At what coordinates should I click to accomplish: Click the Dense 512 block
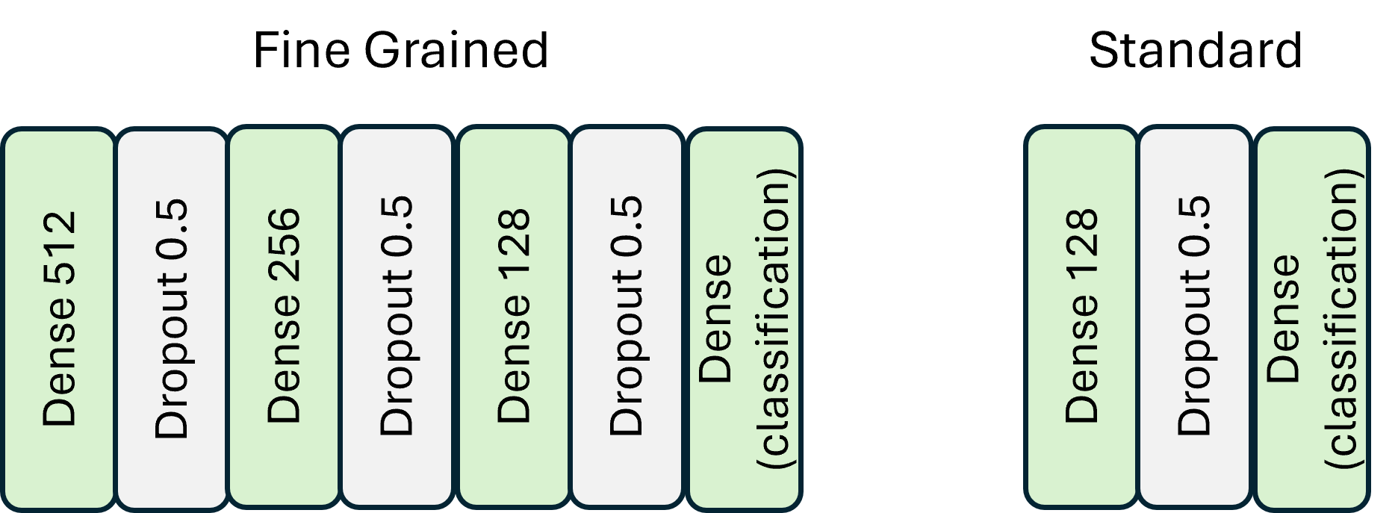[x=59, y=319]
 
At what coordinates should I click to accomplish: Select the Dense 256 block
[x=284, y=319]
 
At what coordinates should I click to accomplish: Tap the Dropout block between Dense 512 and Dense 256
[x=172, y=319]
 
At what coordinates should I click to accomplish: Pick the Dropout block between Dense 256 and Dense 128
[x=397, y=319]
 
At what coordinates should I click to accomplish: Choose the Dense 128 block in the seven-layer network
[x=514, y=319]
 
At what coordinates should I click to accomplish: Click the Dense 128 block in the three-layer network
[x=1081, y=319]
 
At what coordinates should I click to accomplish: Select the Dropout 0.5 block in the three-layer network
[x=1194, y=319]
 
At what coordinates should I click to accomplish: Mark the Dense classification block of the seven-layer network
[x=744, y=319]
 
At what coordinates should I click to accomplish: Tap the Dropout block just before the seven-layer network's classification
[x=627, y=319]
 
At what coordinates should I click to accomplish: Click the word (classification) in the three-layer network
[x=1342, y=319]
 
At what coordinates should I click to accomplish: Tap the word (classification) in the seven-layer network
[x=774, y=319]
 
